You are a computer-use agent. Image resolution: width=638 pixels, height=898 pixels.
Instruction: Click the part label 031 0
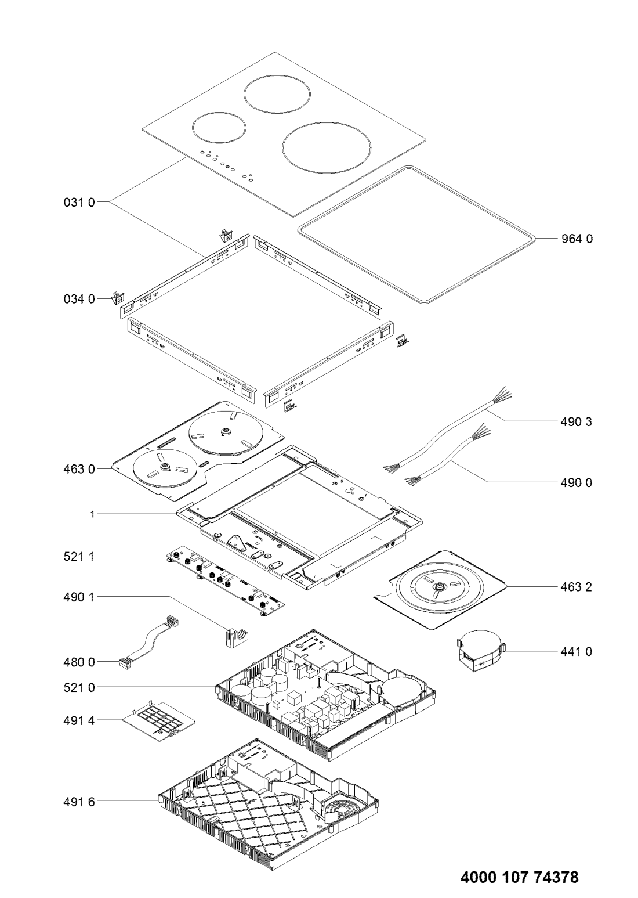79,203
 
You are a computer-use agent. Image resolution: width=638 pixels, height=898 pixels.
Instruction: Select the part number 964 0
577,239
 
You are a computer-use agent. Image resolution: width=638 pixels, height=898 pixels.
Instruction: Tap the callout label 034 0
79,299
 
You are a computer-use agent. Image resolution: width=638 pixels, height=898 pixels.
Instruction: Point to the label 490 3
577,422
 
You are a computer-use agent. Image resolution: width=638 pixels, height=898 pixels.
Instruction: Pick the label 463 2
577,587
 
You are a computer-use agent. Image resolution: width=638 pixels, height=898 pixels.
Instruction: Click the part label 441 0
577,652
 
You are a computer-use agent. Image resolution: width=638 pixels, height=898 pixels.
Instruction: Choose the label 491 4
79,720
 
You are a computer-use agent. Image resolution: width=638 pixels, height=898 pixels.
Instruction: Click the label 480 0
79,662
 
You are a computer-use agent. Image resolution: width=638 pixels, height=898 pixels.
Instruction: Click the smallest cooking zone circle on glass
219,127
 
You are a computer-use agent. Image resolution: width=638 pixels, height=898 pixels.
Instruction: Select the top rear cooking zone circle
277,95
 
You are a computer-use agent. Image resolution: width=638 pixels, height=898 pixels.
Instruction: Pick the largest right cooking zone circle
327,148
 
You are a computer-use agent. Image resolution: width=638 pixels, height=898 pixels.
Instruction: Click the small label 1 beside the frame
92,514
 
